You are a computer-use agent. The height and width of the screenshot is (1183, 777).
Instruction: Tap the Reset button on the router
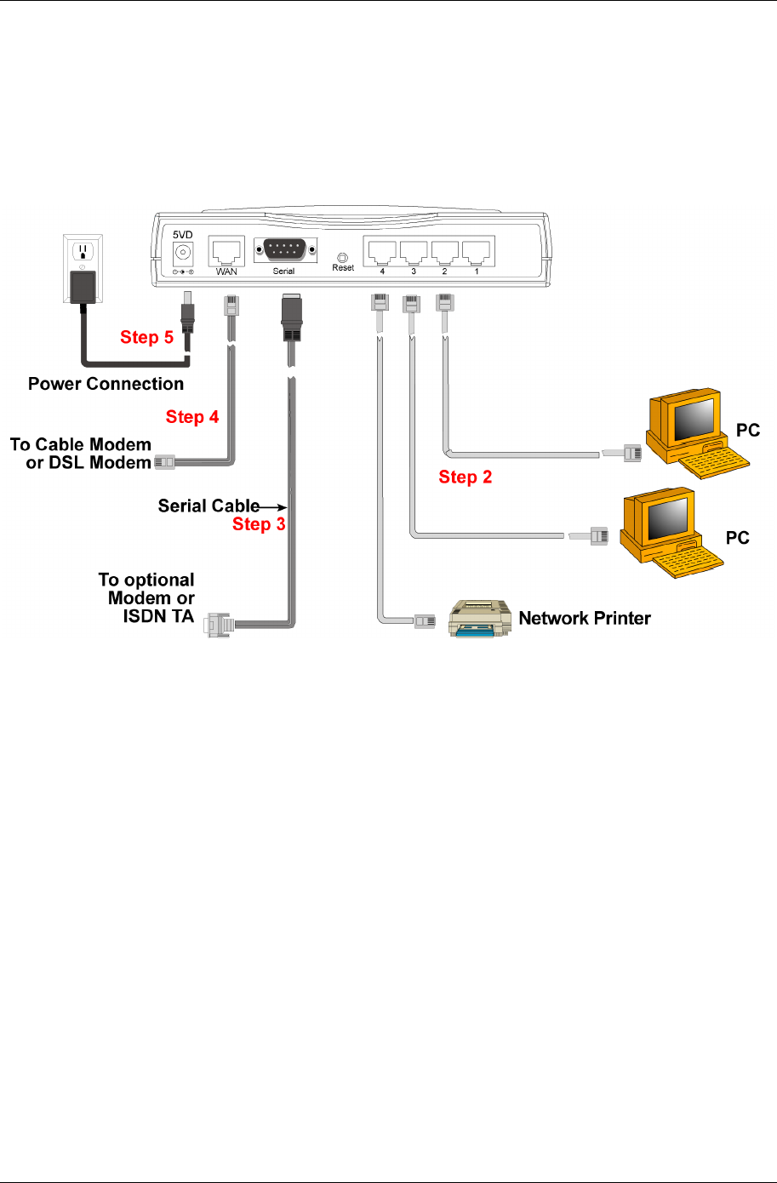[343, 256]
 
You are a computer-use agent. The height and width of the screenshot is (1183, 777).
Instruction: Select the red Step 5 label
[146, 337]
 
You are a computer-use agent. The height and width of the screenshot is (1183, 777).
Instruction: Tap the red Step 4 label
[192, 417]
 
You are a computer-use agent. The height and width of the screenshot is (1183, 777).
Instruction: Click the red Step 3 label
[259, 524]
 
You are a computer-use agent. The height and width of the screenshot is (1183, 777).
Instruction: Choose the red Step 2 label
[466, 477]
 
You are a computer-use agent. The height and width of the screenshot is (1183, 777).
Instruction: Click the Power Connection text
[106, 384]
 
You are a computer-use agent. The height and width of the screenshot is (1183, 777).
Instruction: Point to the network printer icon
[479, 619]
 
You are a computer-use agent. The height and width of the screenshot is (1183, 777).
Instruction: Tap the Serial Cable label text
[209, 506]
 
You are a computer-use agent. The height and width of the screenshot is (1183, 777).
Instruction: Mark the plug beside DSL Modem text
[164, 463]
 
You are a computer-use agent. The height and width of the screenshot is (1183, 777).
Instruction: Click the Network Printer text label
[585, 618]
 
